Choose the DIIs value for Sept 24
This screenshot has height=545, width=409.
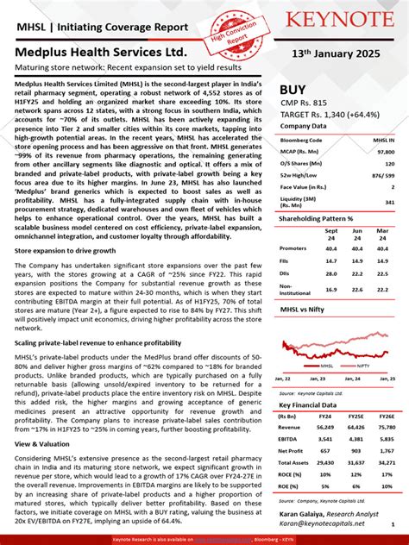coord(331,272)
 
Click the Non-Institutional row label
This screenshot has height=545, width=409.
coord(295,290)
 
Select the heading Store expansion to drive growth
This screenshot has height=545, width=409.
coord(64,249)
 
